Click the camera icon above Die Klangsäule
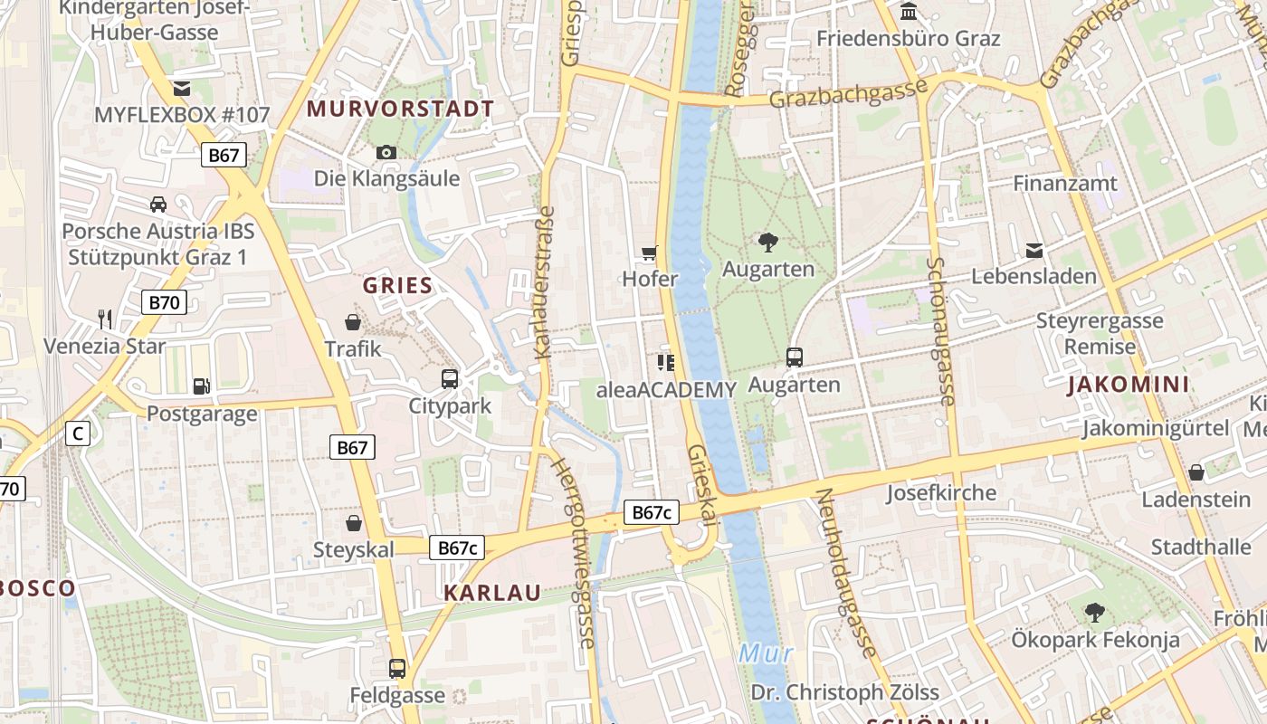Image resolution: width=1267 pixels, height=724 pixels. click(386, 152)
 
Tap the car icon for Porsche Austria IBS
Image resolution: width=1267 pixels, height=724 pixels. click(158, 205)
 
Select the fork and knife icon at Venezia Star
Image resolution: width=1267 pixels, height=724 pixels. click(105, 319)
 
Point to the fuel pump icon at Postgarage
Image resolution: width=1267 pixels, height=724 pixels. click(202, 386)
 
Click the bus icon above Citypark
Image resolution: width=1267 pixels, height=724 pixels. click(450, 378)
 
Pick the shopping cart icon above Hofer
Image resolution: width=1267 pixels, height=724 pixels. click(649, 252)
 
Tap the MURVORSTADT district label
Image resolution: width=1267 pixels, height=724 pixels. click(400, 110)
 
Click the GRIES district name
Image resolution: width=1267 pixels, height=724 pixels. click(398, 286)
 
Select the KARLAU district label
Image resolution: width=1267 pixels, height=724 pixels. click(492, 593)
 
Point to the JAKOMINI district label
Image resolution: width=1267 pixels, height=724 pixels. click(1128, 385)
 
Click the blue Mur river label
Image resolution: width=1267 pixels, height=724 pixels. click(766, 653)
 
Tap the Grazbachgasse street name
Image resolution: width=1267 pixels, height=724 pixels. click(848, 92)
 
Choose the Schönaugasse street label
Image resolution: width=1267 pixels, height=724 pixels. click(941, 330)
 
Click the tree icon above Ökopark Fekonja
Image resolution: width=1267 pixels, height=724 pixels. click(1095, 613)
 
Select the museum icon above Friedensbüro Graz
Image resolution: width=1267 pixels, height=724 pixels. click(909, 12)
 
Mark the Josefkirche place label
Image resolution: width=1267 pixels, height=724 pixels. click(940, 493)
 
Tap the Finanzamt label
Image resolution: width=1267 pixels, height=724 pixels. click(1064, 183)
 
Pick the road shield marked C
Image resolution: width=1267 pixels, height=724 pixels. click(78, 433)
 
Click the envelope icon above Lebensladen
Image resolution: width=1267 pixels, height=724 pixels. click(1034, 250)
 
